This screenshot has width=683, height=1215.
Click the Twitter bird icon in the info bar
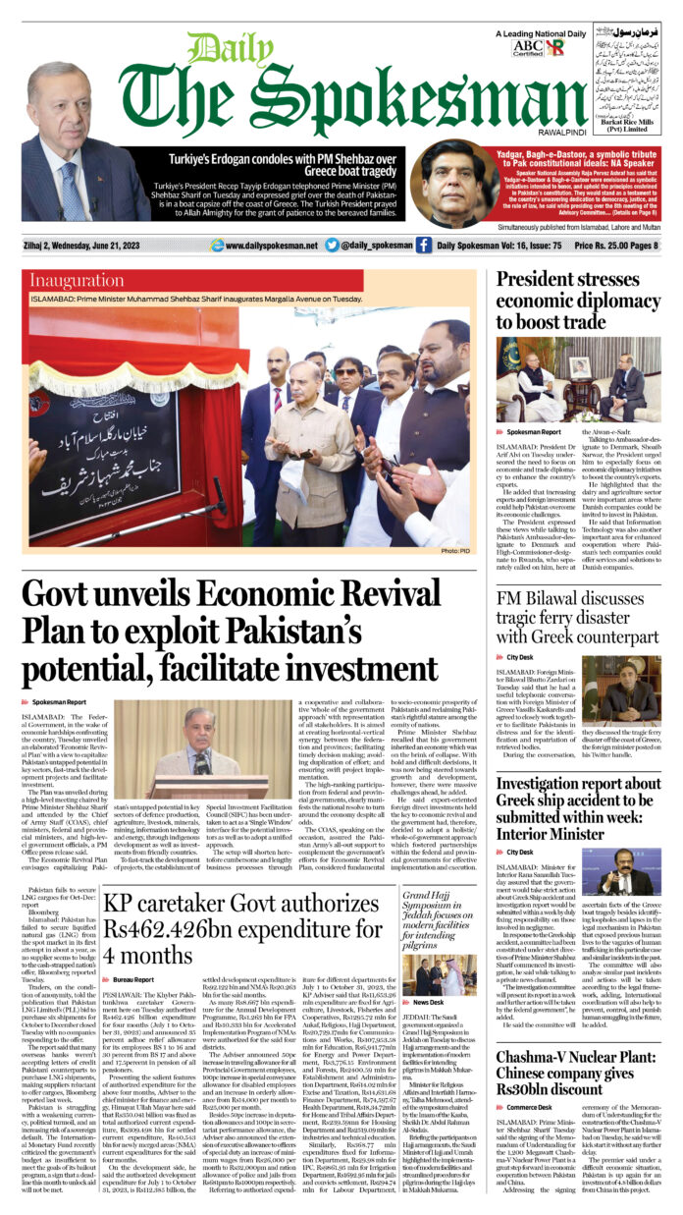tap(332, 246)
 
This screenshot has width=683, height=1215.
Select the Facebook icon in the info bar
tap(424, 246)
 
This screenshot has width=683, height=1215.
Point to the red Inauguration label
tap(75, 280)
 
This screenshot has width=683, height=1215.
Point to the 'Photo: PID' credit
tap(455, 551)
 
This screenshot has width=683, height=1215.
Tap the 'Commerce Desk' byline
tap(530, 1107)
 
